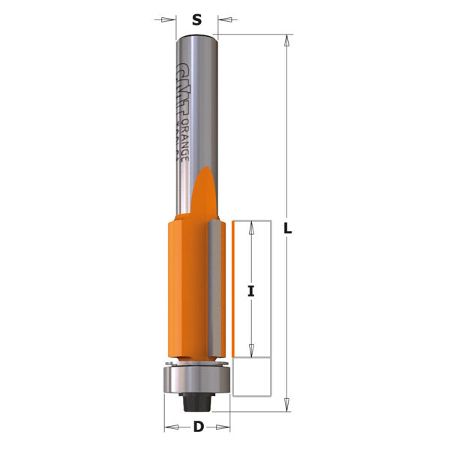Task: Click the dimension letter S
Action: pos(197,20)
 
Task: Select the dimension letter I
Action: pos(252,293)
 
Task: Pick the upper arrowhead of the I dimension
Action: pos(252,226)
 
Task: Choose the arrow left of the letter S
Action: pos(169,19)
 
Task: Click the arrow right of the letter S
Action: pos(224,19)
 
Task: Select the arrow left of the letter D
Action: pos(170,428)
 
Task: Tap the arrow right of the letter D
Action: pos(223,428)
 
